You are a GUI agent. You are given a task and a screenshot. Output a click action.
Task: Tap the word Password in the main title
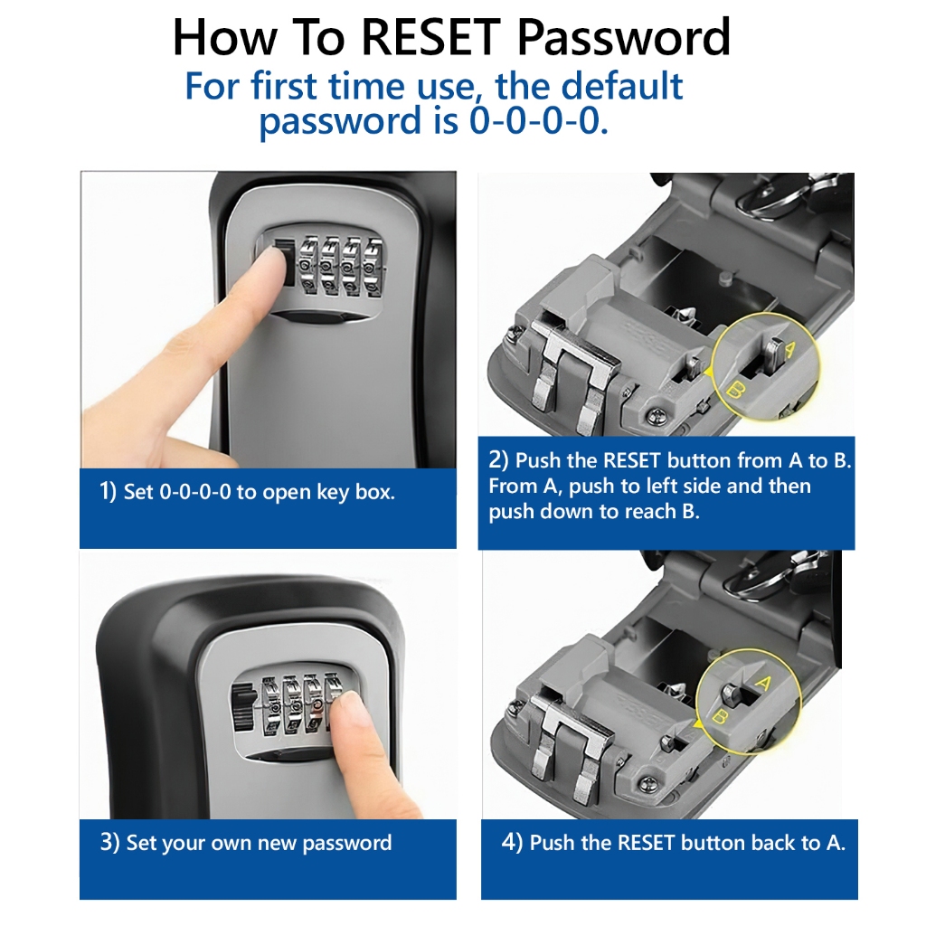pos(624,37)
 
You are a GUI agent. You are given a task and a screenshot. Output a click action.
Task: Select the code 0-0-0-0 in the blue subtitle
pos(537,120)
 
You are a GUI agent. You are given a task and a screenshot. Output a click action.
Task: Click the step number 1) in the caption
pos(109,493)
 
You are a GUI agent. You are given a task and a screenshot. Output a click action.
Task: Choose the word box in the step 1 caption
pos(375,493)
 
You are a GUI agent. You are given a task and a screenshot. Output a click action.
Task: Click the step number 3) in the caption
pos(110,843)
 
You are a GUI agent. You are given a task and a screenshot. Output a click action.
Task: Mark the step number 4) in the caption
pos(513,843)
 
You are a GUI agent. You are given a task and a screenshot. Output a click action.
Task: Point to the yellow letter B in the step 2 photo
pos(735,391)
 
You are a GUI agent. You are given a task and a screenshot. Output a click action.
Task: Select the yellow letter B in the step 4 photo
pos(721,717)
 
